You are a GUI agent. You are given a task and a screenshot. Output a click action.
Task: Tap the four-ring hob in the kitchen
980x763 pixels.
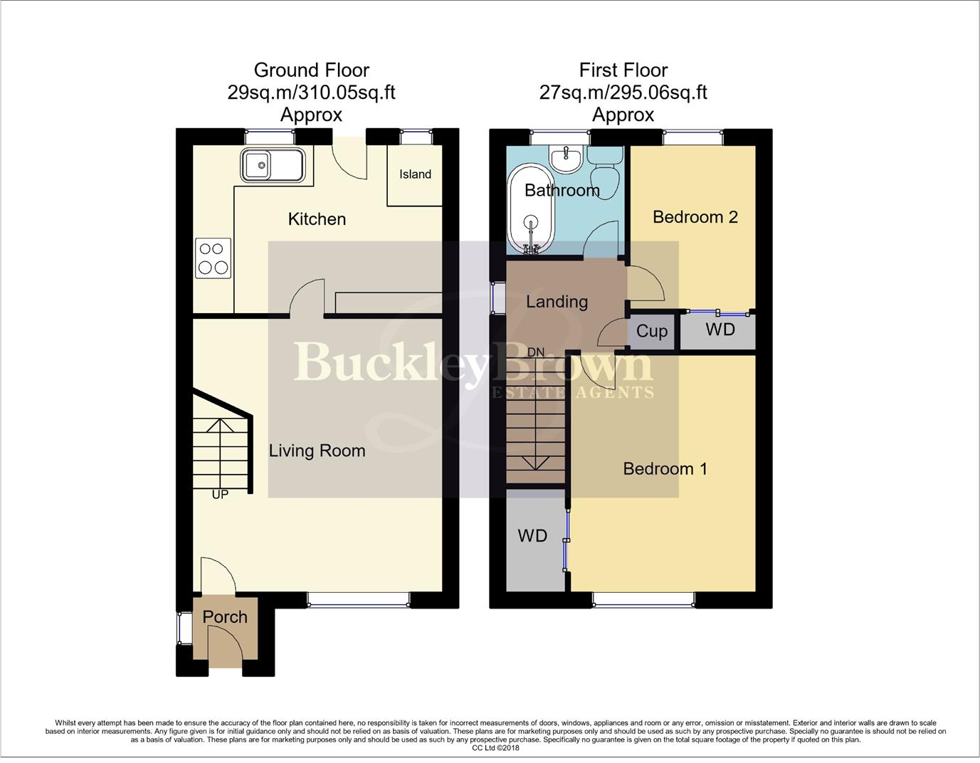click(x=213, y=258)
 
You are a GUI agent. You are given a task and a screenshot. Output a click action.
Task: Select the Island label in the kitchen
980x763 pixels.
click(x=415, y=174)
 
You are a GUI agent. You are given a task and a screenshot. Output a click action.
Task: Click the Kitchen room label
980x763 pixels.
click(x=317, y=219)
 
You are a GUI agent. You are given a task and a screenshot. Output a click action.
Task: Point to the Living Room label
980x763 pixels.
click(x=317, y=451)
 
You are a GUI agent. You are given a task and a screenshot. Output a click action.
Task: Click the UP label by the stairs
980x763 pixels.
click(x=220, y=494)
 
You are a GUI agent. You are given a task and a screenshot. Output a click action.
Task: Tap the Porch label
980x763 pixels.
click(x=225, y=617)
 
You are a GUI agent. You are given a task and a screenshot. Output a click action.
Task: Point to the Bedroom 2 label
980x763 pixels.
click(x=695, y=217)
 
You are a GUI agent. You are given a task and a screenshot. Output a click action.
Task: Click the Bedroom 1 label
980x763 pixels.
click(x=665, y=468)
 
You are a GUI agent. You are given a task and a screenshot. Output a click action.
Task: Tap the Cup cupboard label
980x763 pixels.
click(x=651, y=332)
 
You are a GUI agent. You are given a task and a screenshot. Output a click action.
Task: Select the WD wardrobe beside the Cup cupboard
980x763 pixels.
click(x=720, y=330)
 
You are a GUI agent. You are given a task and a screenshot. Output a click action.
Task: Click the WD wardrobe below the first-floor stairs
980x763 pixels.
click(x=532, y=536)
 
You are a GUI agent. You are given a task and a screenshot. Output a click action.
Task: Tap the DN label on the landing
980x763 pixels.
click(x=536, y=352)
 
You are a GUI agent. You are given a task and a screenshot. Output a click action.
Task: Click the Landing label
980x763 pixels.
click(x=557, y=302)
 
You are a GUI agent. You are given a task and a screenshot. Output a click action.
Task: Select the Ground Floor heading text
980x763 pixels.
click(x=311, y=70)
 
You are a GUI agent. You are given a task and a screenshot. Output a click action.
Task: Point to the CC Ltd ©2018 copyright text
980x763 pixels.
click(x=495, y=748)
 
